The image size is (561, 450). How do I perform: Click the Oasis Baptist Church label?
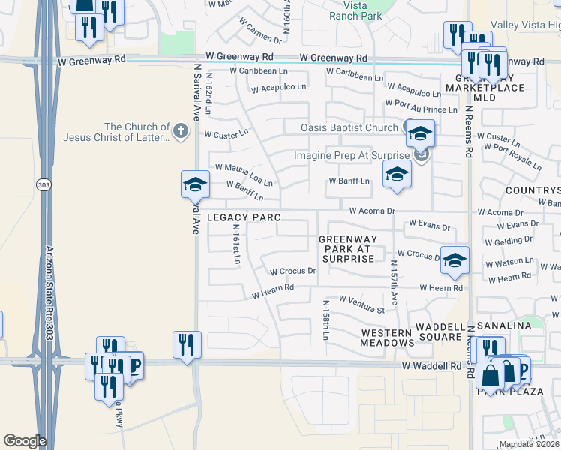349,127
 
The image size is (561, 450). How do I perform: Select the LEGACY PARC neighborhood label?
244,217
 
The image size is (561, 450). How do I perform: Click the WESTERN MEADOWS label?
387,337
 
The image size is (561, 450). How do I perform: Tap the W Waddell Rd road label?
432,366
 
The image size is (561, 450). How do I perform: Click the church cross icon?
180,132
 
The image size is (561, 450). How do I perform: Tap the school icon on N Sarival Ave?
194,184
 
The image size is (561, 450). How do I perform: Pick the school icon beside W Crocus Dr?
454,260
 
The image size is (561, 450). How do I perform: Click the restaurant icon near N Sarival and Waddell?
186,344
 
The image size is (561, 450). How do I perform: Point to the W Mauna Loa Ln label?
244,175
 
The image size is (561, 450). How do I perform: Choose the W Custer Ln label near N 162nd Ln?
226,134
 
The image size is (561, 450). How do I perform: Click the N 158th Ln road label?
326,320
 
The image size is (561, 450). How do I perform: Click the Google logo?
25,441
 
